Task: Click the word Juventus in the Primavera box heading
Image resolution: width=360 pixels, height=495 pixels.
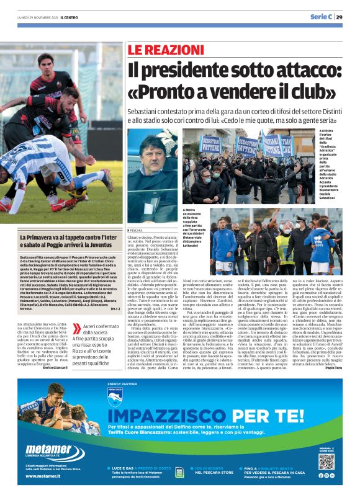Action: [89, 245]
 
